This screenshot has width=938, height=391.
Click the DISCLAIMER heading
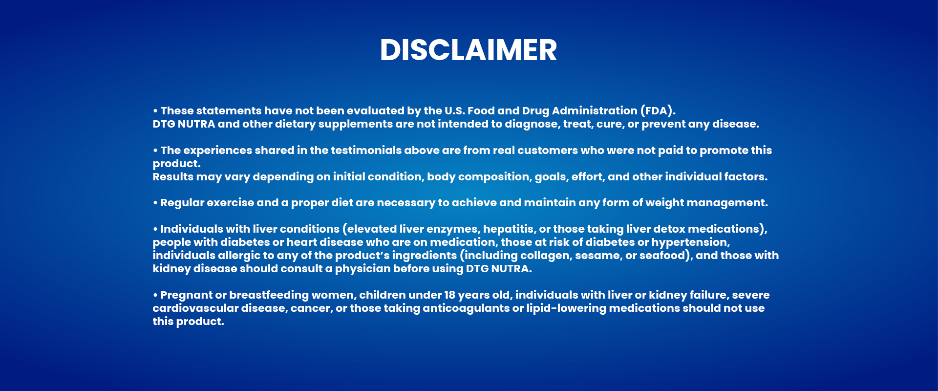(469, 50)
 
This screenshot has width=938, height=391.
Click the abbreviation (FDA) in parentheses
(658, 111)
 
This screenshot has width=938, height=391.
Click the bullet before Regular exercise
(155, 203)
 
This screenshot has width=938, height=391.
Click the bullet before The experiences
(155, 151)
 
